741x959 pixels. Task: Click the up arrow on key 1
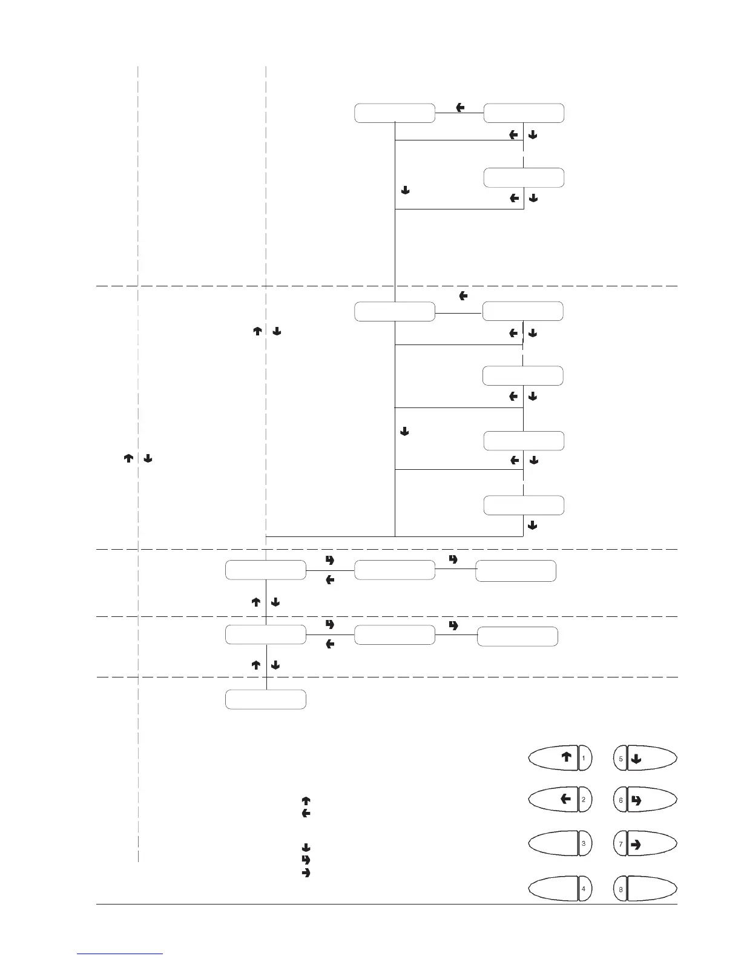click(x=566, y=757)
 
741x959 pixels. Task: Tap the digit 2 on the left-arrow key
click(x=583, y=800)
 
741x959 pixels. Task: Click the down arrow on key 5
click(x=636, y=758)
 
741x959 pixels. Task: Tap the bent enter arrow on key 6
click(x=636, y=800)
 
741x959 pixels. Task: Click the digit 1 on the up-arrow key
click(x=583, y=757)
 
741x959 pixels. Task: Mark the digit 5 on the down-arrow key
click(x=621, y=758)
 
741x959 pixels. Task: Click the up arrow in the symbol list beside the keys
click(x=306, y=801)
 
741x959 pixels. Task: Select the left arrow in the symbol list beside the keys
click(x=306, y=813)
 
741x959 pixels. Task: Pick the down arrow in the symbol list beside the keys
click(x=306, y=848)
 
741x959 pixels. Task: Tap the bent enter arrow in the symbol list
click(x=306, y=860)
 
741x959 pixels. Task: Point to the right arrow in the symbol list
click(x=306, y=872)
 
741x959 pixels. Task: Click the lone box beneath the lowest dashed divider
click(x=265, y=699)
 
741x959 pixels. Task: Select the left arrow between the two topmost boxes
click(x=460, y=108)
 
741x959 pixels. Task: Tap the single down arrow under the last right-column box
click(x=533, y=526)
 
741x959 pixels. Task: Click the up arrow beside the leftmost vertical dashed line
click(x=128, y=459)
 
